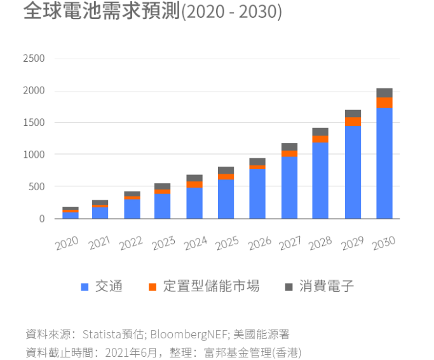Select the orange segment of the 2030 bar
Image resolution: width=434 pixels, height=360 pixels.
pos(384,102)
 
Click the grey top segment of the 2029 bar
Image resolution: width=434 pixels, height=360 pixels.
pos(353,113)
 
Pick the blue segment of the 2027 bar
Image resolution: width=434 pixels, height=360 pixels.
pos(290,187)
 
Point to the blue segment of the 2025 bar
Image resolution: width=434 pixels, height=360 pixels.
pos(227,199)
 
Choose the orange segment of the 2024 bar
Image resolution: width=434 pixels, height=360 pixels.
pos(194,184)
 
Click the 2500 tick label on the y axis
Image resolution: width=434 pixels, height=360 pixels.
pos(34,59)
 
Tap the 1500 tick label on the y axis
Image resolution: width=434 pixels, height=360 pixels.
pos(34,123)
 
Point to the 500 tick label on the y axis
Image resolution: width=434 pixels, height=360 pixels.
pos(36,186)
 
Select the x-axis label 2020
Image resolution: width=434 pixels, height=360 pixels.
pos(67,243)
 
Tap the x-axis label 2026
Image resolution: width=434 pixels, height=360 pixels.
pos(258,243)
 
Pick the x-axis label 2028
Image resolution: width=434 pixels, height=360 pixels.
pos(321,243)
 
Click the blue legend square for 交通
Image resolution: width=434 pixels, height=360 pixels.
pos(85,287)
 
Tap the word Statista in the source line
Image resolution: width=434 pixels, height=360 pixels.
pos(102,334)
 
